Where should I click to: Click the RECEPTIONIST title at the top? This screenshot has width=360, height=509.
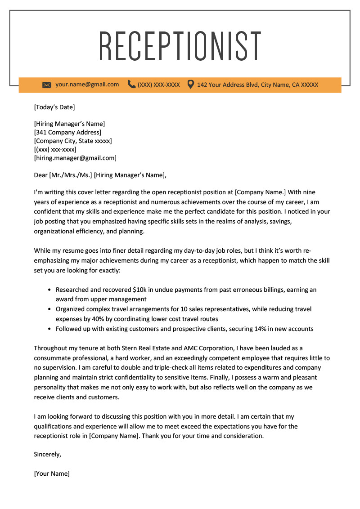click(180, 46)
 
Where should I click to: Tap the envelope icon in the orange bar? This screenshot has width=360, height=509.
click(47, 85)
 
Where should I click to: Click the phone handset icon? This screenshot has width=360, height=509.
click(131, 84)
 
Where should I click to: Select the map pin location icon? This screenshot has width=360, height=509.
click(191, 84)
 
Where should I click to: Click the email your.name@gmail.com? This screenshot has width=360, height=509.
click(87, 84)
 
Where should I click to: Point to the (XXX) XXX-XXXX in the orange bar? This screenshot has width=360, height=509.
click(159, 85)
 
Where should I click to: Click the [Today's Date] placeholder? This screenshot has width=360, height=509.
click(54, 107)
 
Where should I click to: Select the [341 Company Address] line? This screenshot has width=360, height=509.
click(67, 132)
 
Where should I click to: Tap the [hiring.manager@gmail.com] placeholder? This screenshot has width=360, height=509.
click(75, 158)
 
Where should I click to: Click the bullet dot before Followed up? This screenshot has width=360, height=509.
click(49, 329)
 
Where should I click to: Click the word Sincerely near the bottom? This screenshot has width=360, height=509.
click(47, 454)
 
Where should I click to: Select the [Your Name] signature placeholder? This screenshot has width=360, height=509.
click(52, 473)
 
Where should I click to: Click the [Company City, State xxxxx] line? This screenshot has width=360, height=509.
click(73, 141)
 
